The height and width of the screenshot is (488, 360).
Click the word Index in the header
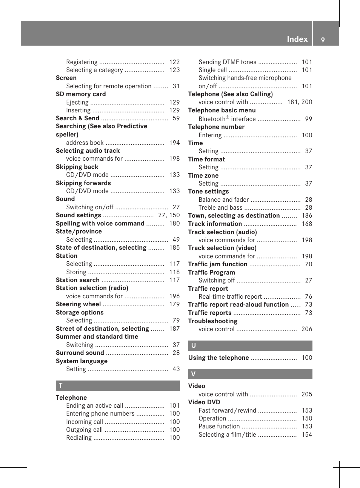click(x=297, y=39)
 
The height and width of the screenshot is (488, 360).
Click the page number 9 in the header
click(x=323, y=40)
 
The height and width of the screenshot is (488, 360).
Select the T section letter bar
click(x=118, y=385)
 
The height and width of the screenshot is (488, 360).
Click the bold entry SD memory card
click(x=81, y=94)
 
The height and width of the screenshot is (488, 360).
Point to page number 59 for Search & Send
click(x=176, y=118)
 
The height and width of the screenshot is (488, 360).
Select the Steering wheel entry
click(x=78, y=304)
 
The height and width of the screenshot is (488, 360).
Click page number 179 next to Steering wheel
click(x=174, y=304)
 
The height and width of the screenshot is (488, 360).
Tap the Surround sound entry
click(x=80, y=353)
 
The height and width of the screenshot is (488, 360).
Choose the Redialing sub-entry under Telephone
click(x=79, y=438)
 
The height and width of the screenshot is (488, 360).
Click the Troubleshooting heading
click(x=213, y=321)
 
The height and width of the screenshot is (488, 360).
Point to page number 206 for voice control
click(x=306, y=329)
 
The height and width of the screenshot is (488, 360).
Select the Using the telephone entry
click(x=218, y=358)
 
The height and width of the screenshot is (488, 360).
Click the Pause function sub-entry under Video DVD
click(x=219, y=427)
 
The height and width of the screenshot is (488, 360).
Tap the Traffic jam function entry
click(x=218, y=264)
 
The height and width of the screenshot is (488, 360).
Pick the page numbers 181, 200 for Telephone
click(x=300, y=102)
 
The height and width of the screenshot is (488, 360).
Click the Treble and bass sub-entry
click(x=220, y=208)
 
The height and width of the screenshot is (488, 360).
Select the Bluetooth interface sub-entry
click(x=227, y=119)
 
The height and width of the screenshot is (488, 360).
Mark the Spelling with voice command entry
click(x=100, y=224)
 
